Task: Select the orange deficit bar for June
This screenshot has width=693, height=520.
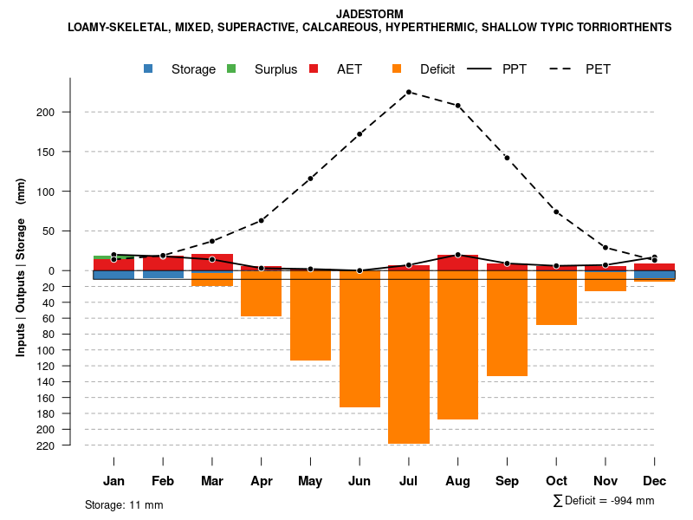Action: coord(359,339)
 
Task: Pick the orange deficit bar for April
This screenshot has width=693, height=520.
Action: coord(261,294)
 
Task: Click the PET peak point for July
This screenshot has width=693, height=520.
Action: coord(409,92)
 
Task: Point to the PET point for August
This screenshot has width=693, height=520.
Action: coord(458,106)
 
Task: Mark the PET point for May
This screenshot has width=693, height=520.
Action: coord(310,179)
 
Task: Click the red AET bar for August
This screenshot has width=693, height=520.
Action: coord(458,263)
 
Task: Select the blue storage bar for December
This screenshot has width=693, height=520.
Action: coord(654,275)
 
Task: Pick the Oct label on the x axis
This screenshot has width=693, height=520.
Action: coord(556,481)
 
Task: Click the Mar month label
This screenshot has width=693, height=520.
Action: coord(212,481)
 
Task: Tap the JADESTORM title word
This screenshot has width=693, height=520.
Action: coord(369,15)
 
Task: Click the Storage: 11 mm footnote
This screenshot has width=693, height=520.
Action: coord(124,504)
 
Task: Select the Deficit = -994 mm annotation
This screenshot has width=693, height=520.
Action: coord(604,501)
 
